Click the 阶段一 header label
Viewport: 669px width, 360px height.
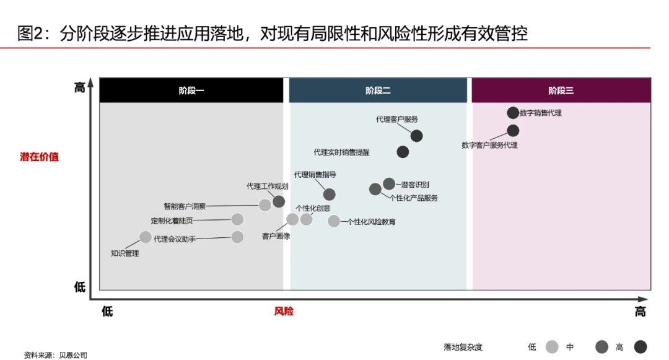pyautogui.click(x=191, y=90)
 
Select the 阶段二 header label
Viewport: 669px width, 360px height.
pyautogui.click(x=378, y=90)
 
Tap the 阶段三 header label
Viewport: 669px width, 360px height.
pyautogui.click(x=561, y=90)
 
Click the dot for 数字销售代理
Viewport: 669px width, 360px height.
pyautogui.click(x=513, y=113)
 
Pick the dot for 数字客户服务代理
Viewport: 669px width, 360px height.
pyautogui.click(x=514, y=131)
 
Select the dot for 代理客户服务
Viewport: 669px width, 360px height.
pyautogui.click(x=417, y=136)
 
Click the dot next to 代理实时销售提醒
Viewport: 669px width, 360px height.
pyautogui.click(x=403, y=151)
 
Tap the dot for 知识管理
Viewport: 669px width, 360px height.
pyautogui.click(x=146, y=237)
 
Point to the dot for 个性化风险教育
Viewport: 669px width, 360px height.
pyautogui.click(x=334, y=221)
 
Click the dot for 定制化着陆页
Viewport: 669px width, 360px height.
pyautogui.click(x=238, y=219)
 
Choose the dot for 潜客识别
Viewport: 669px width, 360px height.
pyautogui.click(x=389, y=184)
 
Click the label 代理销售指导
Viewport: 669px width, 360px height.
pyautogui.click(x=315, y=175)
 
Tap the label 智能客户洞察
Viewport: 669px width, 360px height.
pyautogui.click(x=185, y=206)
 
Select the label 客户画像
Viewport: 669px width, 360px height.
pyautogui.click(x=276, y=236)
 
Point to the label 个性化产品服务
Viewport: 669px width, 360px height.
pyautogui.click(x=414, y=198)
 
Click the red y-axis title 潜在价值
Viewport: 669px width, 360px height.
pyautogui.click(x=39, y=157)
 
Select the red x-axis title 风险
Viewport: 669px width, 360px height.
pyautogui.click(x=284, y=312)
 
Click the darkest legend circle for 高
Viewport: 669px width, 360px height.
pyautogui.click(x=641, y=347)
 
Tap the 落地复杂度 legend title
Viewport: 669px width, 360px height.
pyautogui.click(x=463, y=347)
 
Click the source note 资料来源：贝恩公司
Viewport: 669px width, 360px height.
pyautogui.click(x=56, y=355)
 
